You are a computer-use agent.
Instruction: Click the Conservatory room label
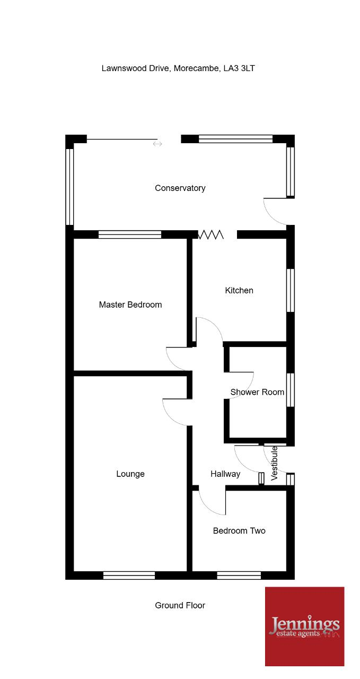click(180, 188)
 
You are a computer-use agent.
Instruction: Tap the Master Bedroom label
click(130, 304)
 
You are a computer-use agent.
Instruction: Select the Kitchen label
click(239, 290)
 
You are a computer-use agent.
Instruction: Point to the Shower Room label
click(257, 392)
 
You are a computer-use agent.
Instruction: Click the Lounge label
click(130, 474)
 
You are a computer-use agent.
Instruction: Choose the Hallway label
click(225, 474)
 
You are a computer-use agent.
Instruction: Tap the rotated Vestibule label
click(274, 463)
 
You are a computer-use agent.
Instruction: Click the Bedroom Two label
click(239, 531)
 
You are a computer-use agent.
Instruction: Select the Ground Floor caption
click(180, 605)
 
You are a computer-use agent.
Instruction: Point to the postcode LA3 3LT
click(239, 68)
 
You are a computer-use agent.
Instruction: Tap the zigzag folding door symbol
click(210, 234)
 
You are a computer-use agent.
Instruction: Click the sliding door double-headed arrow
click(157, 144)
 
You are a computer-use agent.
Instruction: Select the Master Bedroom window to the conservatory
click(130, 234)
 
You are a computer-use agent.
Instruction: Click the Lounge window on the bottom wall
click(129, 576)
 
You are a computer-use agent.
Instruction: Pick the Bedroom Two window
click(239, 576)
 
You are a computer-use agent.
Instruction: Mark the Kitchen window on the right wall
click(291, 290)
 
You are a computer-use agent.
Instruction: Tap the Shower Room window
click(291, 390)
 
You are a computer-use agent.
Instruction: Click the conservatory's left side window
click(69, 187)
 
